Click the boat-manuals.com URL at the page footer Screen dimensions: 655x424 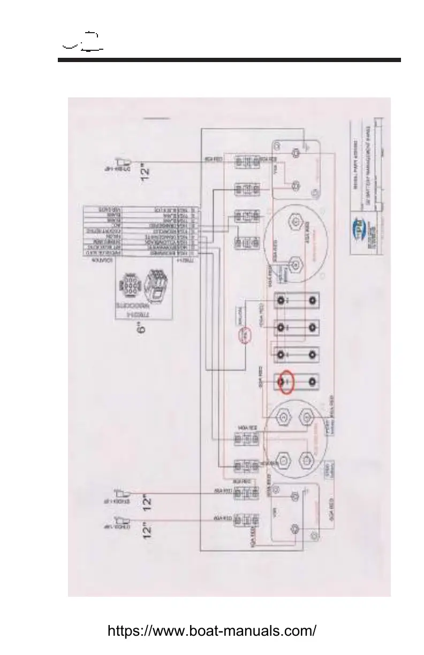tap(212, 630)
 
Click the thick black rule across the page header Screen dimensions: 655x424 tap(229, 60)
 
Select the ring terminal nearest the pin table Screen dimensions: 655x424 tap(124, 162)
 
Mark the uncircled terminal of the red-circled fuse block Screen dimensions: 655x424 tap(312, 382)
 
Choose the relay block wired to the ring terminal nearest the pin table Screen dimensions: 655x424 tap(247, 161)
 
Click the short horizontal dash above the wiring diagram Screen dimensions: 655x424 tap(157, 117)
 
